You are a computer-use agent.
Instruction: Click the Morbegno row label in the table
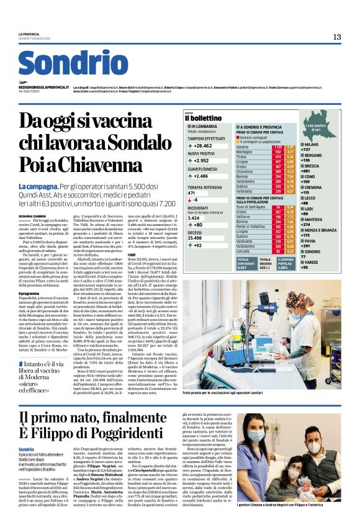245,150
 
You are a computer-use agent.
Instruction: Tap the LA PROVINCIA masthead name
28,34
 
